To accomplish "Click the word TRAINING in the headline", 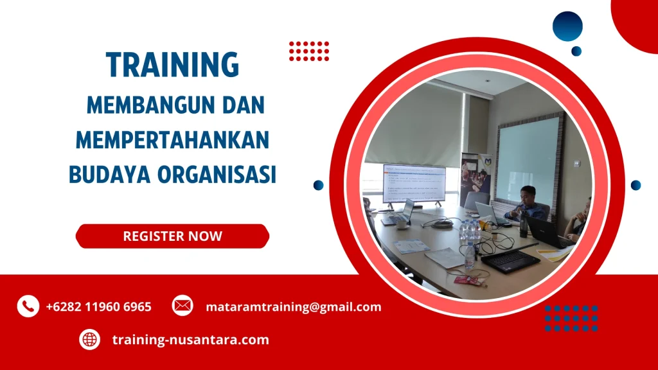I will pyautogui.click(x=172, y=66).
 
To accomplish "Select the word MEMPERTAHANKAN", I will pyautogui.click(x=172, y=139).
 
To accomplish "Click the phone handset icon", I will pyautogui.click(x=28, y=306).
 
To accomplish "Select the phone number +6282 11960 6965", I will pyautogui.click(x=98, y=307).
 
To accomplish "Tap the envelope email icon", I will pyautogui.click(x=182, y=306).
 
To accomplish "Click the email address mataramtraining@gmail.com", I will pyautogui.click(x=293, y=307).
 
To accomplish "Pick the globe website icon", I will pyautogui.click(x=89, y=339).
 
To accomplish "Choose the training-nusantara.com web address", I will pyautogui.click(x=190, y=340).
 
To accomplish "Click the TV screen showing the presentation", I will pyautogui.click(x=414, y=183).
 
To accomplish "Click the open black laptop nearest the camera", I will pyautogui.click(x=511, y=258).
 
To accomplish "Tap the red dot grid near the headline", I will pyautogui.click(x=309, y=51).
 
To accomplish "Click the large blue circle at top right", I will pyautogui.click(x=567, y=26).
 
